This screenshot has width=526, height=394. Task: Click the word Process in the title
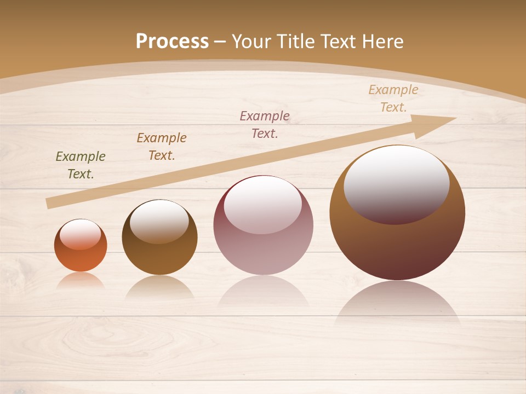point(172,41)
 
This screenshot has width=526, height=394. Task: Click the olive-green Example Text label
point(81,165)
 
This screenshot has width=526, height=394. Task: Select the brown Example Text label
point(162,146)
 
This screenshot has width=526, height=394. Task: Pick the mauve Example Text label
point(265,124)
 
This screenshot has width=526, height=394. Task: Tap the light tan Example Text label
point(393,99)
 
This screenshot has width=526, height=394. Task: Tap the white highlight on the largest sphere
point(396,181)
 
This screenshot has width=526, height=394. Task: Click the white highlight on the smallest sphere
point(81,234)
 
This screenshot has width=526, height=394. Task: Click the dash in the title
point(220,42)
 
